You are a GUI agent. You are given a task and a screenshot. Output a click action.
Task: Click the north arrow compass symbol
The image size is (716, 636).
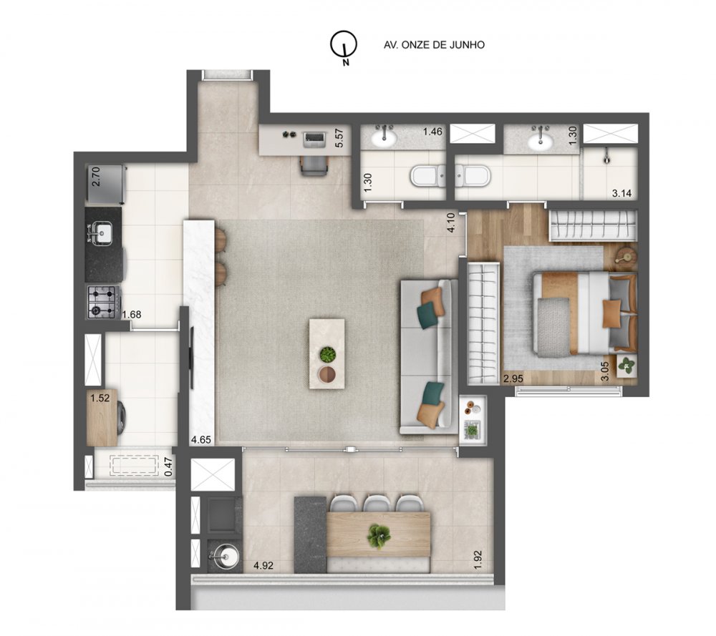[x=344, y=46]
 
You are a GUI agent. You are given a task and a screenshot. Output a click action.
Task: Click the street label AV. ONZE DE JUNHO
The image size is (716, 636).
[x=435, y=44]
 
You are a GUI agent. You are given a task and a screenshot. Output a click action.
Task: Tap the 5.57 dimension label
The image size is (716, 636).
[x=341, y=137]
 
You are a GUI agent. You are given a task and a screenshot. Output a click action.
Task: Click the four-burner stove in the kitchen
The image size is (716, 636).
[x=102, y=301]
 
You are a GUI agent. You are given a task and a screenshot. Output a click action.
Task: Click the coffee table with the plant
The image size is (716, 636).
[x=326, y=353]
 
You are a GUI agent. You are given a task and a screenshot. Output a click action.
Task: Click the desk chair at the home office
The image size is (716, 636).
[x=314, y=163]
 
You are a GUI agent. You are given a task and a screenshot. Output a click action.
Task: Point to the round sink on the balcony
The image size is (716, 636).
[x=222, y=554]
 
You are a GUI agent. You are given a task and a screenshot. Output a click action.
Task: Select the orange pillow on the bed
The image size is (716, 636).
[x=611, y=313]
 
